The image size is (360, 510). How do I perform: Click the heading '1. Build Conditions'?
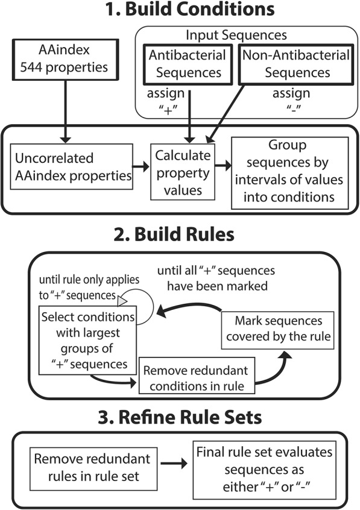(179, 10)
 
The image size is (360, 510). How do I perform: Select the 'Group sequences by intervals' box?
(289, 167)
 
